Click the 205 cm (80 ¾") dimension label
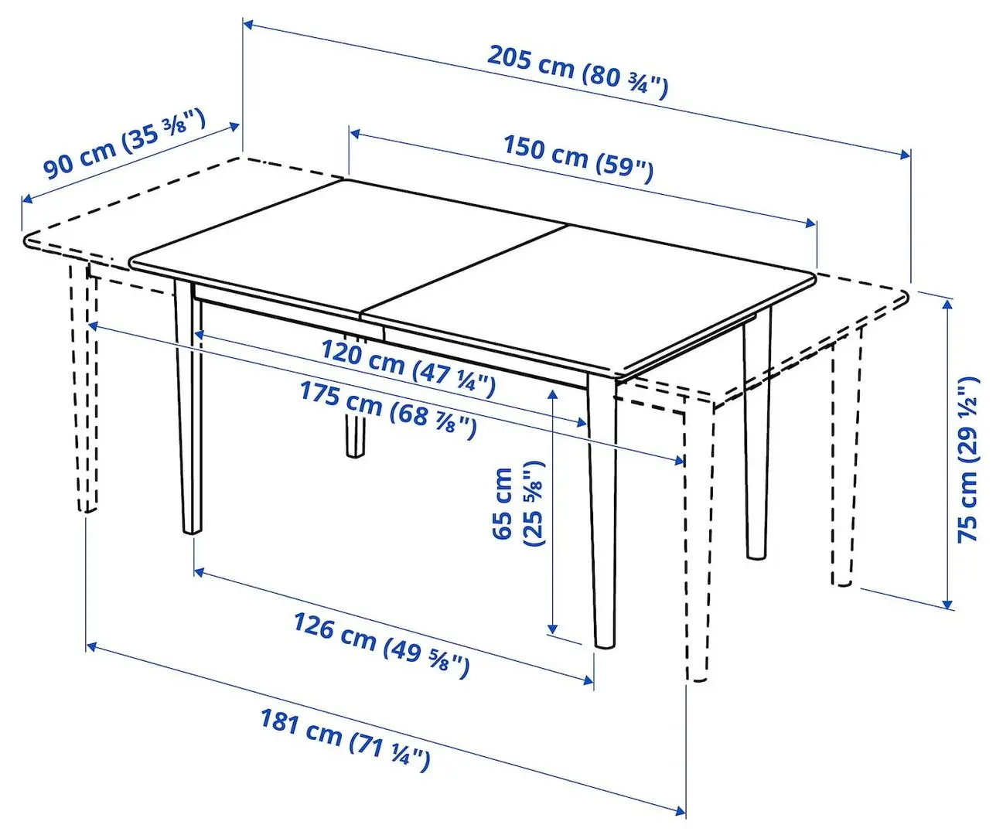(x=577, y=72)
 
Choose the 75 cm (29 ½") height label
(x=968, y=459)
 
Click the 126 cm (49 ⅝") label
(x=380, y=642)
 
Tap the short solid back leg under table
(x=355, y=437)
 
